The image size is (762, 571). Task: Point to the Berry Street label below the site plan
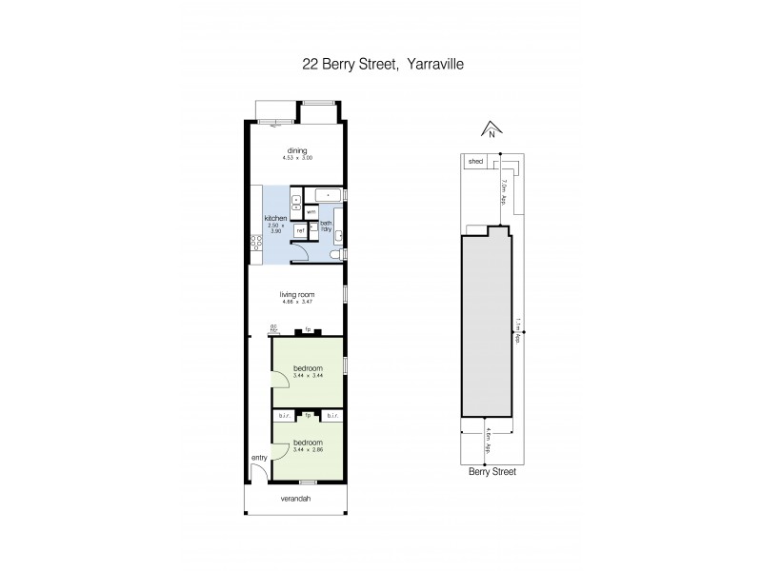click(x=492, y=471)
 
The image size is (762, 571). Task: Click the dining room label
click(x=297, y=150)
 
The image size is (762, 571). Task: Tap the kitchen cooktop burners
click(x=255, y=249)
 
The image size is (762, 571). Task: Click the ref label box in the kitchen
click(x=299, y=230)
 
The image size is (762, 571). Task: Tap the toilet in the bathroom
click(x=339, y=255)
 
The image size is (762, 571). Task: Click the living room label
click(x=297, y=295)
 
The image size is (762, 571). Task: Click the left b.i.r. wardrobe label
click(x=284, y=417)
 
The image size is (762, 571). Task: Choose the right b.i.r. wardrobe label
click(x=332, y=417)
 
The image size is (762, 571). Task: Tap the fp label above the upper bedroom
click(x=308, y=330)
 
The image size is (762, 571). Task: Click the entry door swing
click(x=259, y=473)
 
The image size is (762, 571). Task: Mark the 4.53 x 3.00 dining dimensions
click(x=297, y=158)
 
